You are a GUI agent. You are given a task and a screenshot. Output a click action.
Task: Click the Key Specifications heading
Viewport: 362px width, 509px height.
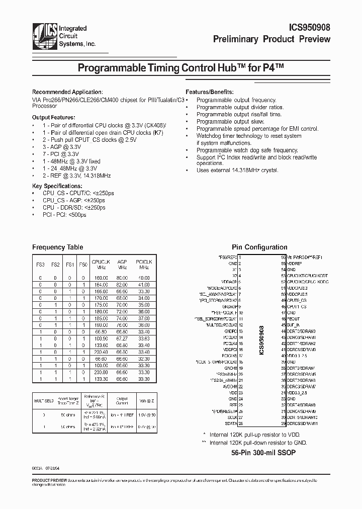[58, 186]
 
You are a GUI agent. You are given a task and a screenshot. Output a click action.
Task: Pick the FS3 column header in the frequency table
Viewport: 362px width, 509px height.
[41, 265]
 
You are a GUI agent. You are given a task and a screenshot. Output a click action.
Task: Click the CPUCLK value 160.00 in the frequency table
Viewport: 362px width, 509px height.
[101, 278]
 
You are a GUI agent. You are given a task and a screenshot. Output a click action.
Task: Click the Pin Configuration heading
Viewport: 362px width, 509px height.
[259, 247]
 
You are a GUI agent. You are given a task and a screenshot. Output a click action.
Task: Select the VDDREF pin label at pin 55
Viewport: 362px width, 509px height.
[295, 264]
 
